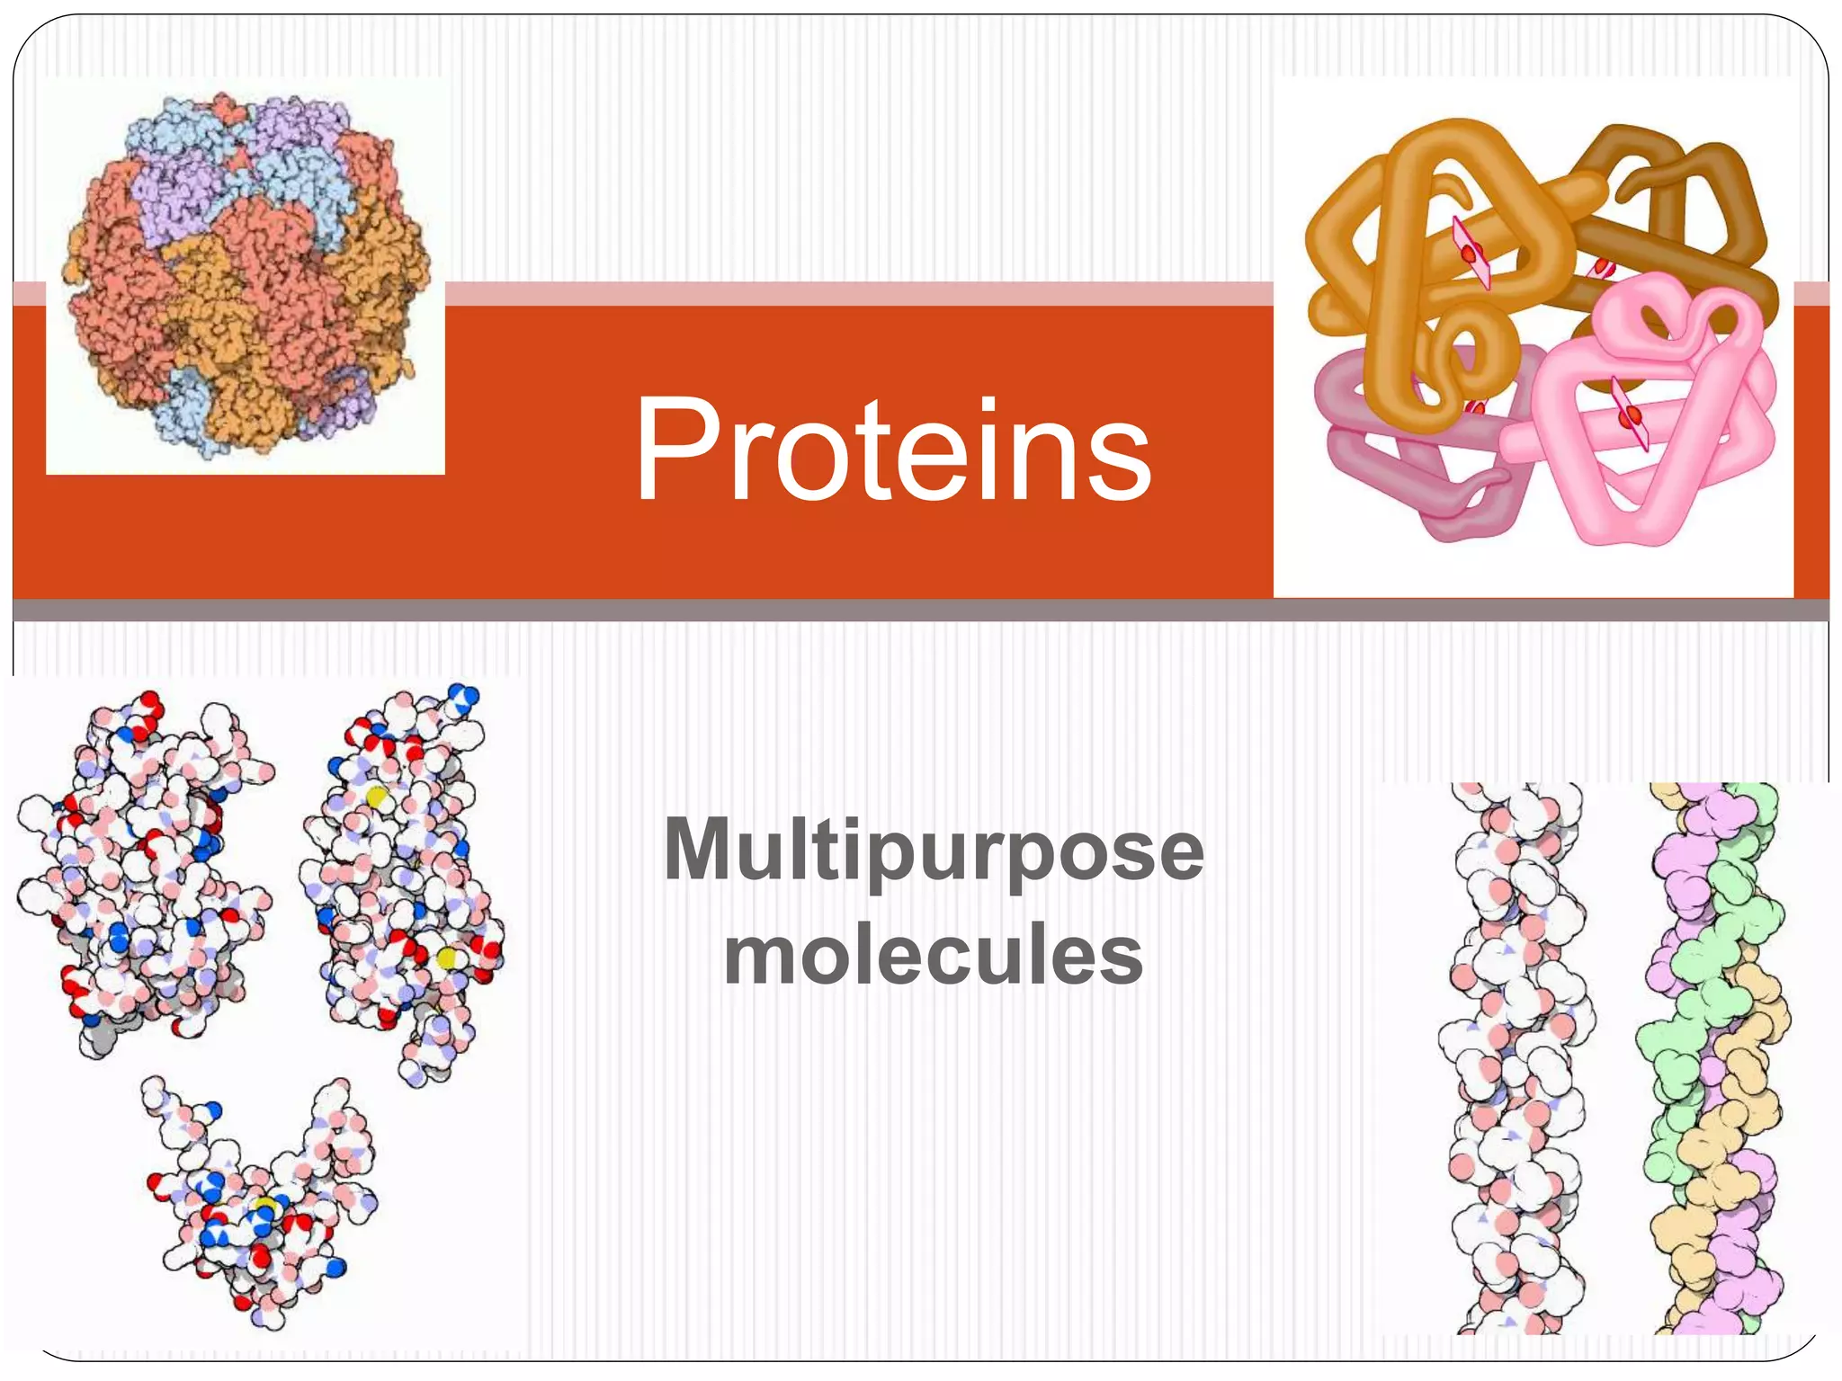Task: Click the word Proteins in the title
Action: [892, 450]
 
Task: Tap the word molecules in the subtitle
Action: [933, 955]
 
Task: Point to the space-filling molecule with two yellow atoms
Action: [405, 881]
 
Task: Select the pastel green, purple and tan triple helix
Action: [1709, 1061]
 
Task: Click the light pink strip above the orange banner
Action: [854, 294]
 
